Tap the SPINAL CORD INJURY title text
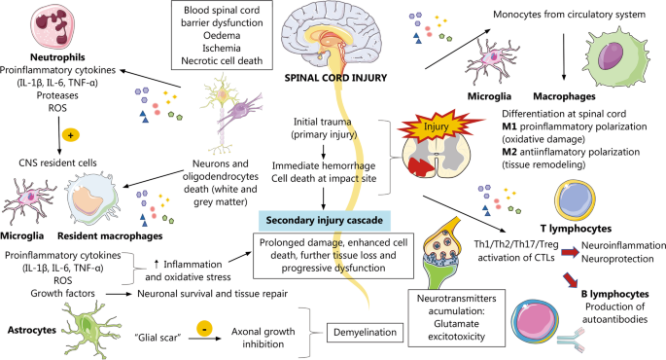click(x=335, y=78)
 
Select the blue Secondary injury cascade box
click(x=325, y=220)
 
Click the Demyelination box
click(x=365, y=333)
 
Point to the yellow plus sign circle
click(x=71, y=135)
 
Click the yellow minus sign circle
click(x=205, y=329)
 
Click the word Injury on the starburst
click(x=436, y=126)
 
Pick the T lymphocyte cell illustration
click(x=575, y=200)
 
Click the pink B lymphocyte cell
click(x=535, y=321)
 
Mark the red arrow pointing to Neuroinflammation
click(x=570, y=252)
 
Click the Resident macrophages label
click(x=110, y=235)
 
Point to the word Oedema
click(x=222, y=35)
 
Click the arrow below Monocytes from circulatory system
click(x=564, y=56)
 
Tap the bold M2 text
click(x=509, y=152)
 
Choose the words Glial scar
click(x=158, y=338)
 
